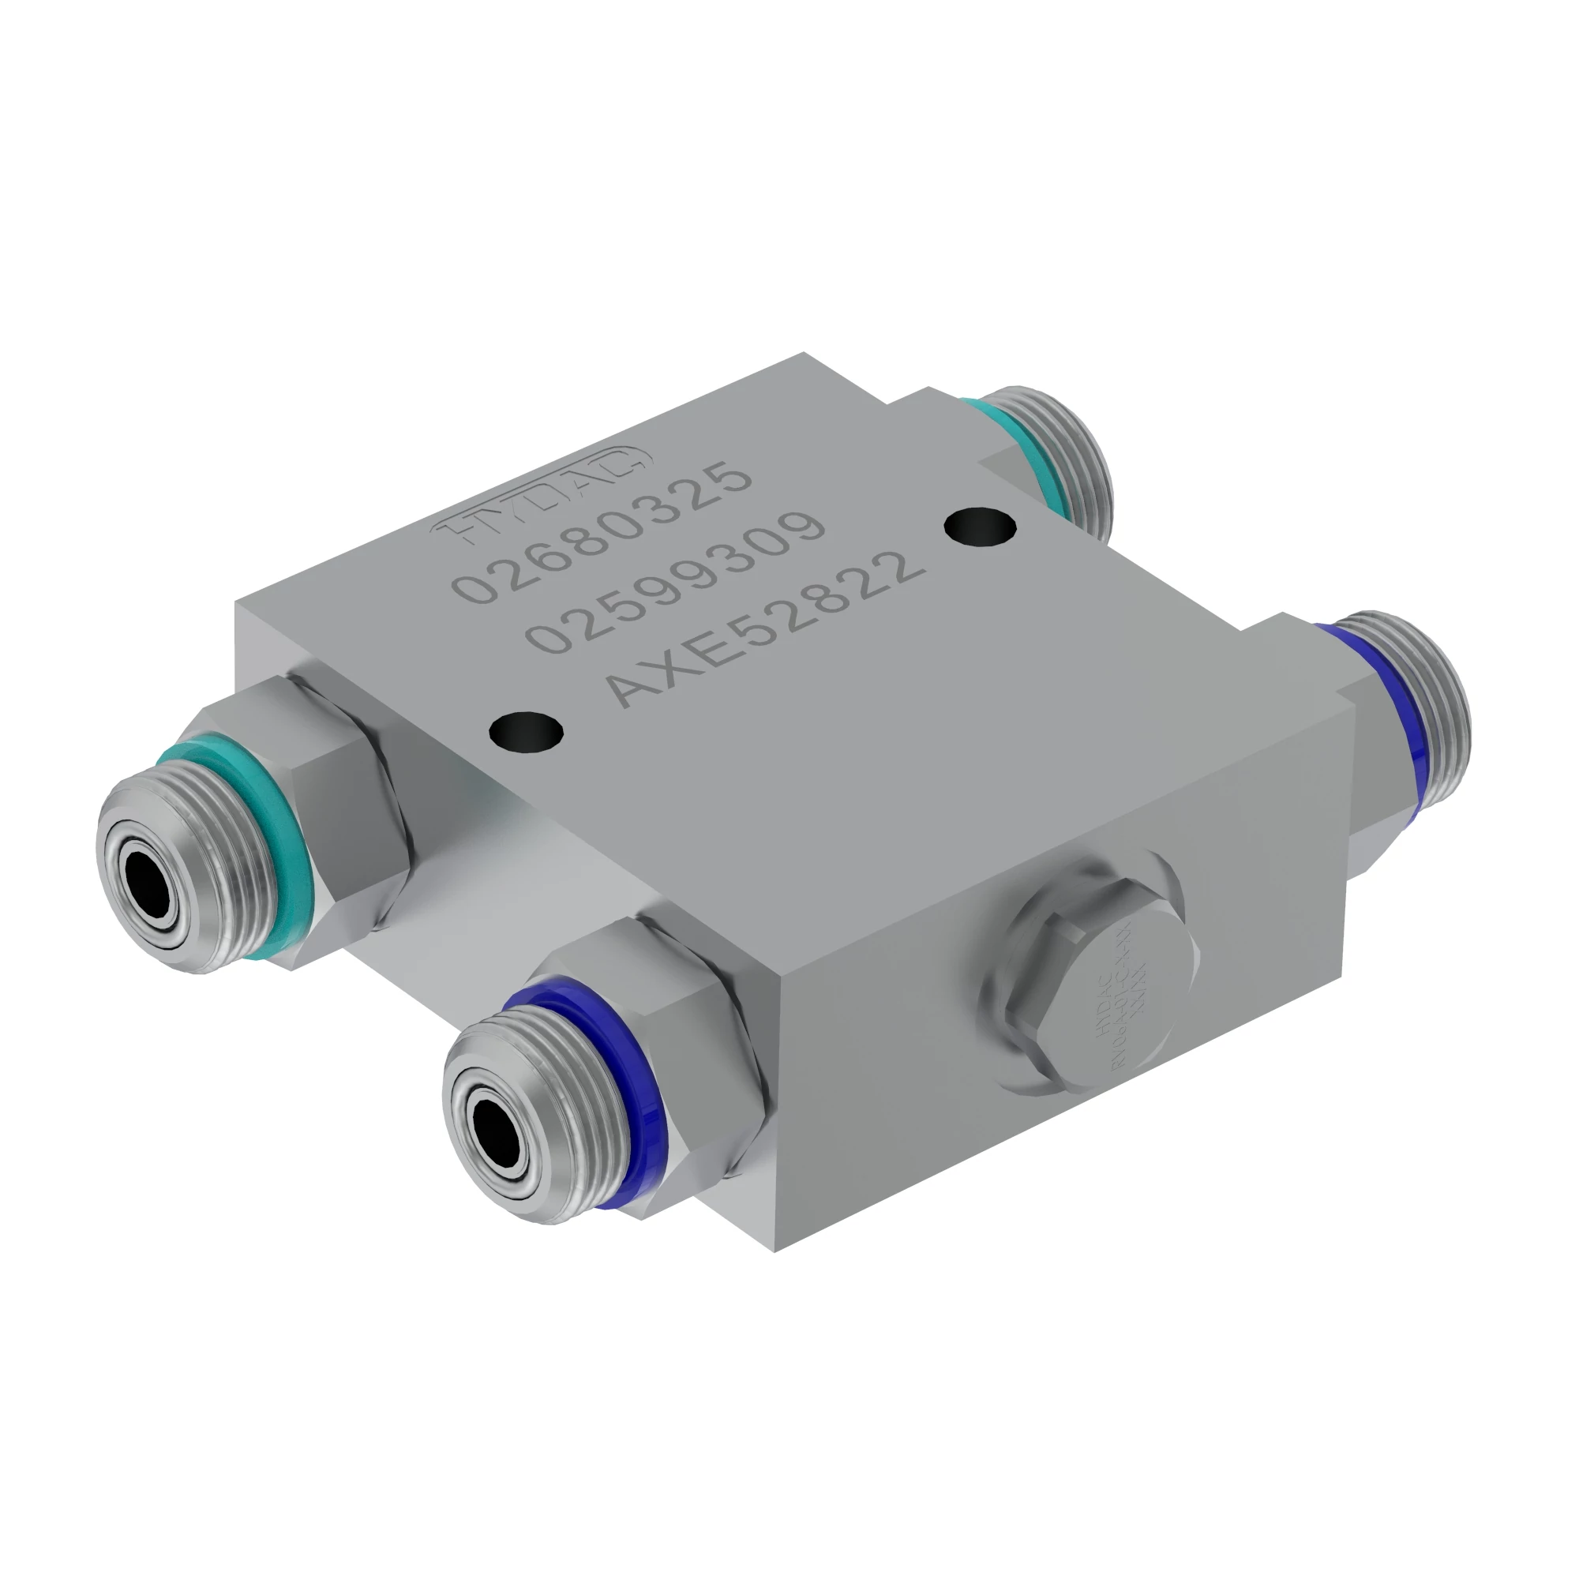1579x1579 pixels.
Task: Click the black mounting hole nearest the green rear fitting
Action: (x=980, y=525)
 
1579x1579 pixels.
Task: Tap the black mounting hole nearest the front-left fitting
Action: (x=527, y=729)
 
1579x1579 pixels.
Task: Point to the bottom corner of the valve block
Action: (x=774, y=1251)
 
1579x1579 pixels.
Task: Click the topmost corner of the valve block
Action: (x=805, y=353)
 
